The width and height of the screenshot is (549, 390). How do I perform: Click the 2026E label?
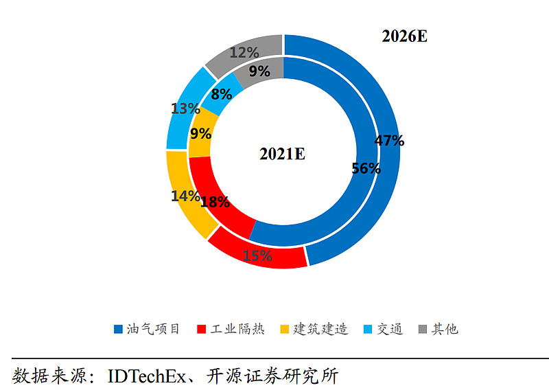[404, 36]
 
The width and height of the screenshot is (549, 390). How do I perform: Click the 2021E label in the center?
[282, 154]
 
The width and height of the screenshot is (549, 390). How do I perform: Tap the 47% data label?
[389, 141]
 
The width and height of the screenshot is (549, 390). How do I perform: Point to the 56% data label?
[366, 168]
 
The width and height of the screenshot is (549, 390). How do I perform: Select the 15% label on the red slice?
[258, 257]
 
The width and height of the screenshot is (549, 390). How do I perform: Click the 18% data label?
[215, 202]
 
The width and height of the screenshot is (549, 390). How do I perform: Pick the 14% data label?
[185, 196]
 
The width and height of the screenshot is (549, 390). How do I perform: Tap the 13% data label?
[185, 108]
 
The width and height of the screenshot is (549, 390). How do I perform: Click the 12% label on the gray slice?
[244, 52]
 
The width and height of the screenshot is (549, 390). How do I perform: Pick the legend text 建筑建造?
[320, 329]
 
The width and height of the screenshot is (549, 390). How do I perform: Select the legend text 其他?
[444, 329]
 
